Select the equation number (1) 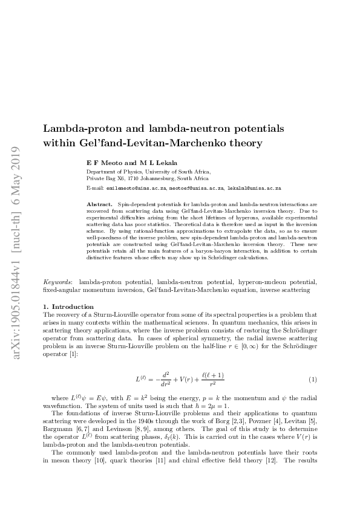click(313, 379)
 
